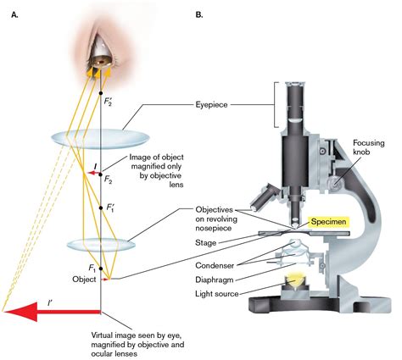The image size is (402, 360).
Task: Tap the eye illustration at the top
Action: tap(101, 52)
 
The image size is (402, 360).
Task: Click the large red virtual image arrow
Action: tap(51, 313)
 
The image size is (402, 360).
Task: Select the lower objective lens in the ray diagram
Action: tap(101, 245)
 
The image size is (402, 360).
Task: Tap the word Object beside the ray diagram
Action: tap(81, 277)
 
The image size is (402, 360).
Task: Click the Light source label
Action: tap(216, 292)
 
